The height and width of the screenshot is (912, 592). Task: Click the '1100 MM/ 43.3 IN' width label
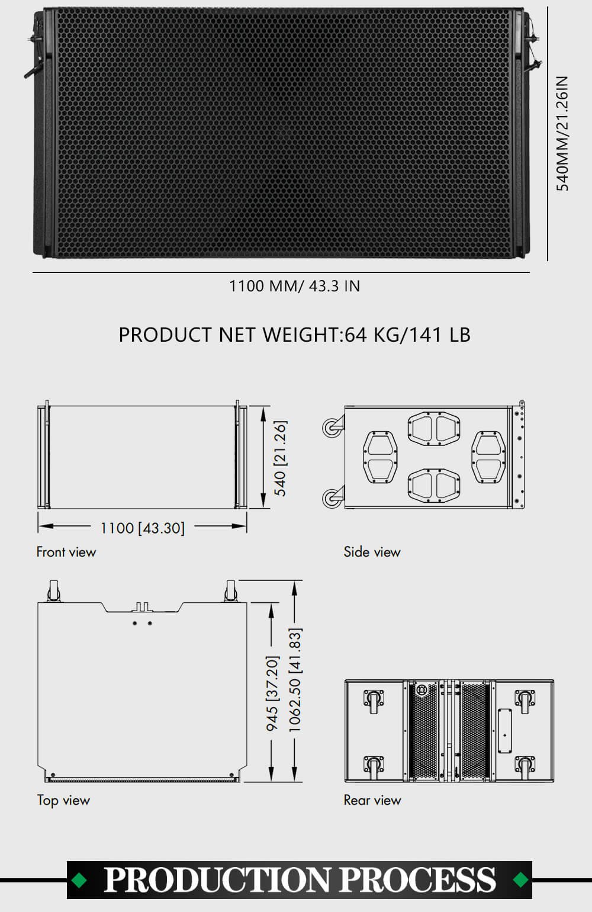295,286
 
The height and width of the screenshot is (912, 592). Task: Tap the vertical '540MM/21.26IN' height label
562,133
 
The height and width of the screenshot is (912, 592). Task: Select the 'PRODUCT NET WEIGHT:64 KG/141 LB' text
295,335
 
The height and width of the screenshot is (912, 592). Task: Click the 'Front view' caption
66,552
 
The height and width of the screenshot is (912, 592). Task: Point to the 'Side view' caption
372,552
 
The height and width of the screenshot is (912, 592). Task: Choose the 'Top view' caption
63,801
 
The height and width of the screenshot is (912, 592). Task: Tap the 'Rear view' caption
372,800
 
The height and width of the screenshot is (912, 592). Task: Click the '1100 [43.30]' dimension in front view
143,528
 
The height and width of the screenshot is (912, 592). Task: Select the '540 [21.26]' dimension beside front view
281,458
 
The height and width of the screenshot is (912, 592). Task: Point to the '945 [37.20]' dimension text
272,693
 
